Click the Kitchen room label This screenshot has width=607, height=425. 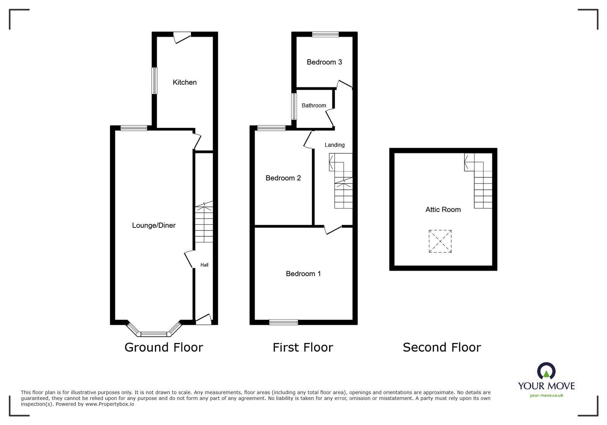(184, 82)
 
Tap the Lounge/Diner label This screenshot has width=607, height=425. (154, 226)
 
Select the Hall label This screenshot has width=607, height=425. (204, 265)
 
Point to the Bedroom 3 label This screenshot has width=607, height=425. (324, 62)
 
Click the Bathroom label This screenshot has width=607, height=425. (314, 106)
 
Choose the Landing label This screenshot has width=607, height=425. (334, 145)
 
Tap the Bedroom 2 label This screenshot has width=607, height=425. (283, 178)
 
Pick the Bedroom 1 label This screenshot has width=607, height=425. (303, 274)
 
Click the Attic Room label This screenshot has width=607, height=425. (443, 210)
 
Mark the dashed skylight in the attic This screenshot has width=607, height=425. (440, 241)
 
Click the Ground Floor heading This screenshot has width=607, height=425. (164, 348)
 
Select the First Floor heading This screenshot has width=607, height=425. (303, 348)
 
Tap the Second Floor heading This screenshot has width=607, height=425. (442, 348)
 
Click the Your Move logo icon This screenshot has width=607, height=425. (546, 371)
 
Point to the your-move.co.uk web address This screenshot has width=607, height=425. (546, 395)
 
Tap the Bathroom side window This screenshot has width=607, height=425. (294, 106)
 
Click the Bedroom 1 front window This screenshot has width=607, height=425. (284, 322)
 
